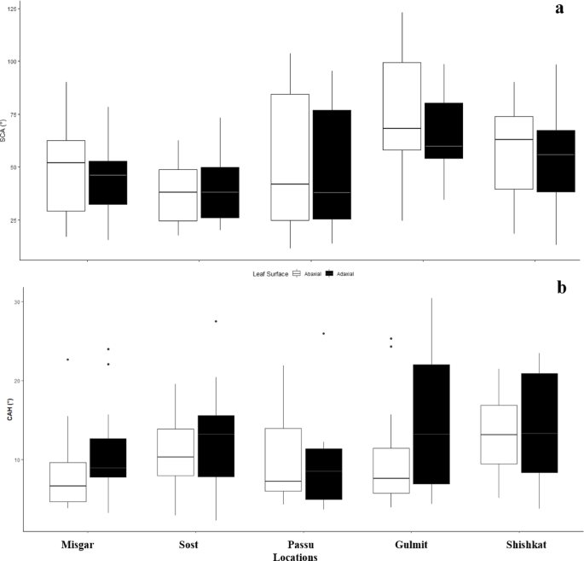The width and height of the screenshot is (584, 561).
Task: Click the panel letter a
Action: [x=559, y=9]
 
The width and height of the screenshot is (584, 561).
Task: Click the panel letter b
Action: [x=561, y=288]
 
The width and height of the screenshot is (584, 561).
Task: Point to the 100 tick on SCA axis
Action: [x=10, y=62]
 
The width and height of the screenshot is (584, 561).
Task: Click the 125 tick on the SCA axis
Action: [x=10, y=9]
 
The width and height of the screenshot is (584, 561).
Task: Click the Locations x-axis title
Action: [x=295, y=556]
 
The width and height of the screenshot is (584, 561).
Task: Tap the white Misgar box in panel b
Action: [x=67, y=482]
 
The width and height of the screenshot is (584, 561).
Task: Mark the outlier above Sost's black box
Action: [x=216, y=321]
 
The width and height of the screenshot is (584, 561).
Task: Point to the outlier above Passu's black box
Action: [x=323, y=333]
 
